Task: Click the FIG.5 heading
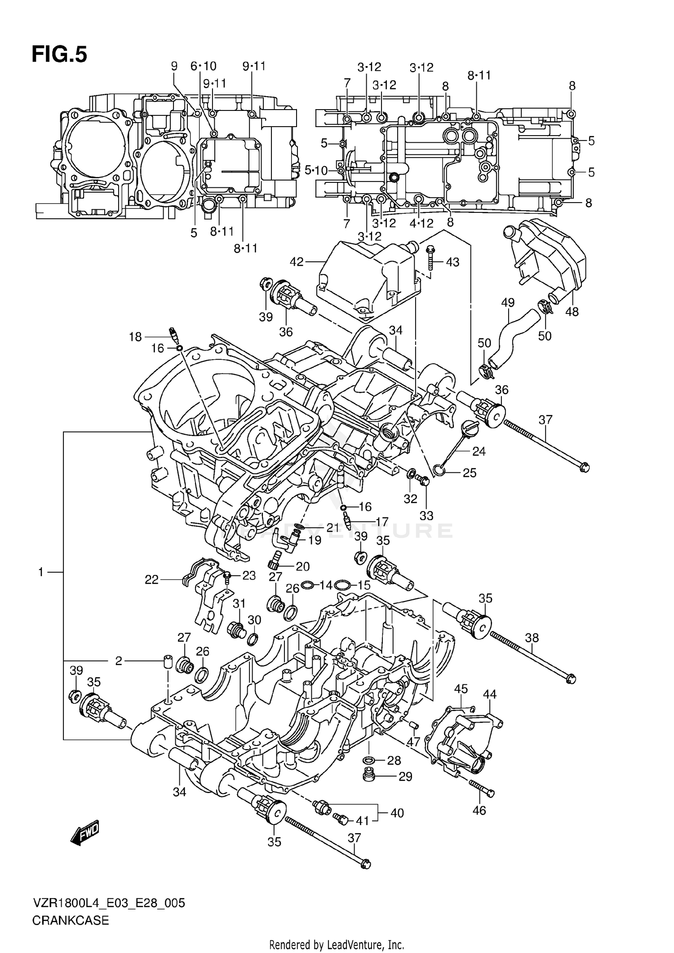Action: click(59, 55)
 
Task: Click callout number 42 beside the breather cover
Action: click(297, 261)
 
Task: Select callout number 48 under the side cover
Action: click(572, 311)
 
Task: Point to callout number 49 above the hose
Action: click(508, 303)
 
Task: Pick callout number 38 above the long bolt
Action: click(532, 637)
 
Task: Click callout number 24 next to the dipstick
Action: click(479, 451)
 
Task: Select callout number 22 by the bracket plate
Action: click(151, 580)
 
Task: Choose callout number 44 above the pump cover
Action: click(489, 695)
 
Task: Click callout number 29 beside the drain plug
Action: click(405, 776)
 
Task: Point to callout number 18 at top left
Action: click(135, 336)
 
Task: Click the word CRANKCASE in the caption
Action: click(71, 920)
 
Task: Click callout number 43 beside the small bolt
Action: click(452, 262)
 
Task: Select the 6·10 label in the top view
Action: click(203, 66)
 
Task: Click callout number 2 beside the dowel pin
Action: click(119, 661)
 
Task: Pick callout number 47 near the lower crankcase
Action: click(413, 741)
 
